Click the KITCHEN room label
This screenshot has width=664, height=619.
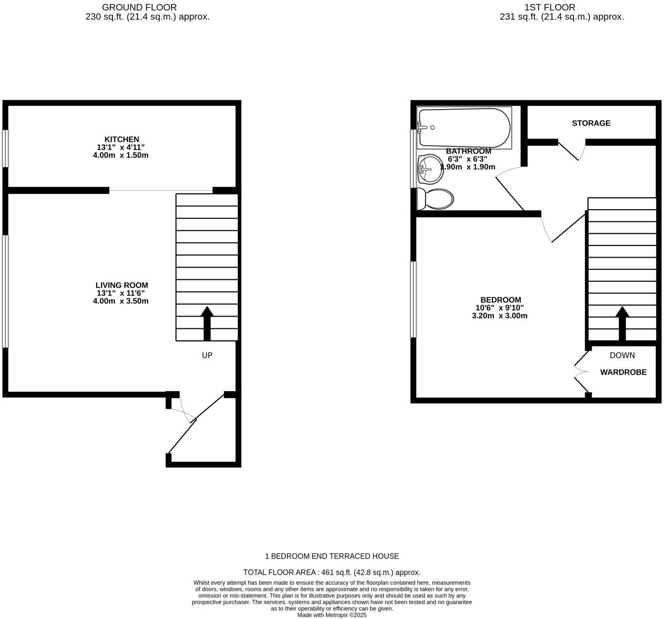pos(121,140)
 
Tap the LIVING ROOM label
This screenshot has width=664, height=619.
pos(121,285)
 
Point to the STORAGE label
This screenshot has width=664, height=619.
pos(591,123)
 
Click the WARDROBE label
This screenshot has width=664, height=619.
pos(623,372)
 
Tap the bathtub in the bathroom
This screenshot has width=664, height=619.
pos(464,128)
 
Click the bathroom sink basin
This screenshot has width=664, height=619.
pos(430,169)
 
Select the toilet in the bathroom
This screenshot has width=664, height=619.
pos(435,199)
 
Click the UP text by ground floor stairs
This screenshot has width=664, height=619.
pos(207,356)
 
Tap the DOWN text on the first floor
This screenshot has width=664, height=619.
pos(622,355)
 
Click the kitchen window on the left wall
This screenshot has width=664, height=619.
pos(5,148)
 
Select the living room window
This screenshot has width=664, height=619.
pos(5,291)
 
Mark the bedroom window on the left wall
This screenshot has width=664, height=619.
pos(413,299)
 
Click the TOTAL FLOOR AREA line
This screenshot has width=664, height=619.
pos(332,572)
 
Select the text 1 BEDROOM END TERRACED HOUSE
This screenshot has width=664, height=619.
pos(332,556)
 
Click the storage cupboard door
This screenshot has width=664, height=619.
pos(570,151)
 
